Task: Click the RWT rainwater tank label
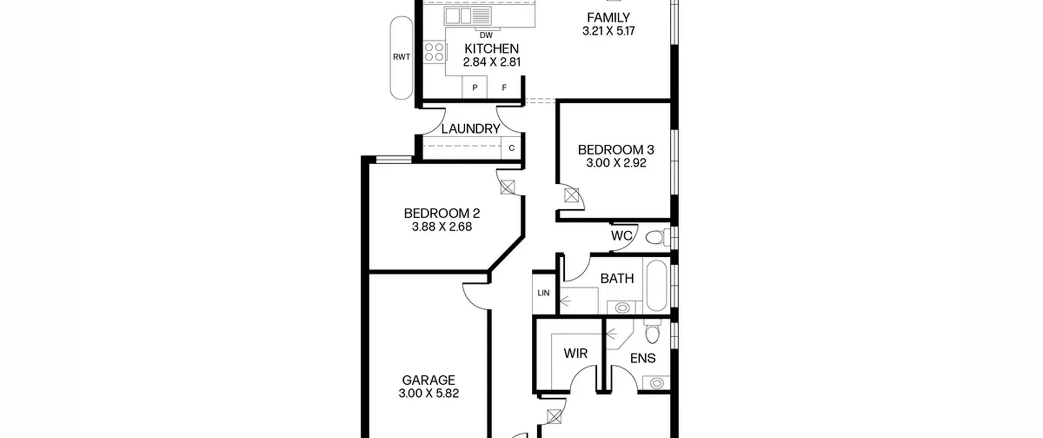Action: point(401,57)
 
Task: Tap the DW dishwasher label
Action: point(486,35)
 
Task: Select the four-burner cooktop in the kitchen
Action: point(434,52)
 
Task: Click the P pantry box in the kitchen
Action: point(475,88)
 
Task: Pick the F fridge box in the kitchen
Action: point(504,88)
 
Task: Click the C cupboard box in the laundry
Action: point(512,148)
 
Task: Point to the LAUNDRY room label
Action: point(471,129)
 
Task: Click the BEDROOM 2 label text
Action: point(442,213)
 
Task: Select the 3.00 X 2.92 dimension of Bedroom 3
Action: point(616,163)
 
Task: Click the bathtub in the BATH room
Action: point(656,285)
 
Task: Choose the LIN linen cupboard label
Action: point(544,293)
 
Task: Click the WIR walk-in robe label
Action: point(576,353)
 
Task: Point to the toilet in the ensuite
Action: point(652,331)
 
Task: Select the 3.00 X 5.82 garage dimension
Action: point(429,393)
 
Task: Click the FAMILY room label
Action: point(608,18)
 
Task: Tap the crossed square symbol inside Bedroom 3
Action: point(571,196)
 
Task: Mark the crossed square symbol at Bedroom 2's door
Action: point(508,187)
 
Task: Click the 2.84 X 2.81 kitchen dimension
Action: point(492,62)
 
